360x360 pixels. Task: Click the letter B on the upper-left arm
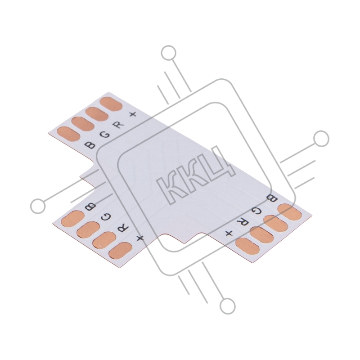tap(90, 145)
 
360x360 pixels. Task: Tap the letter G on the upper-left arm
tap(105, 135)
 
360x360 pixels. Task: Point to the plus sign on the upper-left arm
tap(133, 114)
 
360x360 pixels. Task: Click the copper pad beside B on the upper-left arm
tap(68, 134)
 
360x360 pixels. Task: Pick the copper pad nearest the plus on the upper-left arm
tap(111, 104)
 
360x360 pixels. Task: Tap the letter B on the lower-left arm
tap(90, 207)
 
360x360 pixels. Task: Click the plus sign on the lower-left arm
tap(140, 238)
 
